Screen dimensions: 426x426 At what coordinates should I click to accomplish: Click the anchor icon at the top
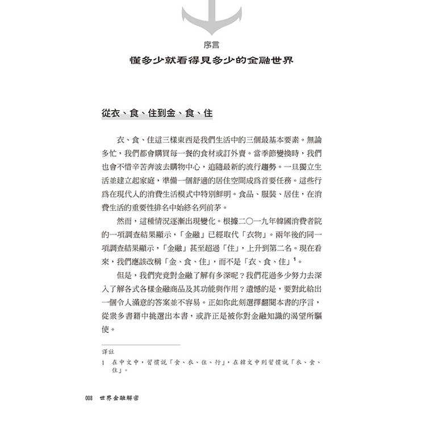tap(212, 17)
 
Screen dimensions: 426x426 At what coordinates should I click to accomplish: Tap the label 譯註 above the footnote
tap(108, 352)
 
